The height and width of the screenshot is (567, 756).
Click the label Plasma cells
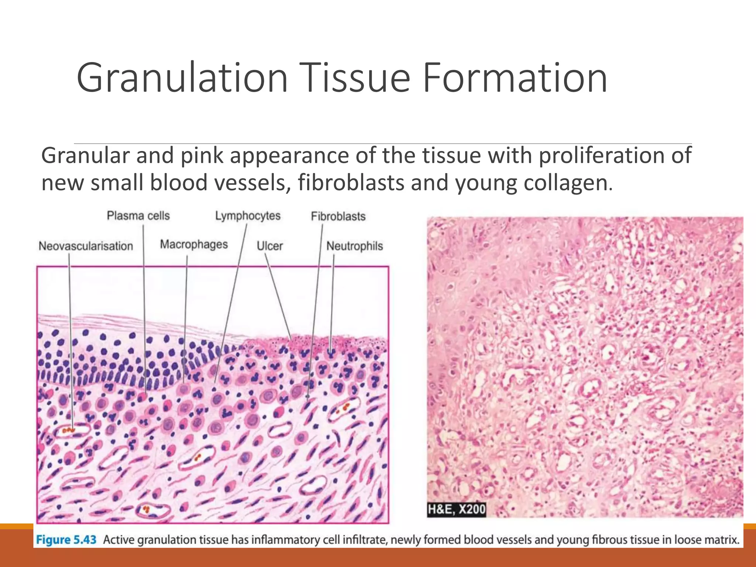(x=138, y=216)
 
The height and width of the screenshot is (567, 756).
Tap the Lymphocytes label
(x=248, y=216)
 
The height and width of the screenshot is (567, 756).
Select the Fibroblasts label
(x=338, y=216)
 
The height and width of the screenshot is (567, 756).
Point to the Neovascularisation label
(x=86, y=246)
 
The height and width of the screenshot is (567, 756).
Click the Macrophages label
(x=194, y=244)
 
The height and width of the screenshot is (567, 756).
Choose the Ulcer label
(x=270, y=246)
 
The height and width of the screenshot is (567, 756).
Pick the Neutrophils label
(x=355, y=246)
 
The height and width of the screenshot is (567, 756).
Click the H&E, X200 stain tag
(x=456, y=509)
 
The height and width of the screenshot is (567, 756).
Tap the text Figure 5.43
(x=66, y=540)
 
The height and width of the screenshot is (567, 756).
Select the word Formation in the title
(x=515, y=78)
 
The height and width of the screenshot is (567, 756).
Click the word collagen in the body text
(x=566, y=183)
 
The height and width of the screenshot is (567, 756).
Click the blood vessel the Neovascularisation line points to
(x=72, y=430)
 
